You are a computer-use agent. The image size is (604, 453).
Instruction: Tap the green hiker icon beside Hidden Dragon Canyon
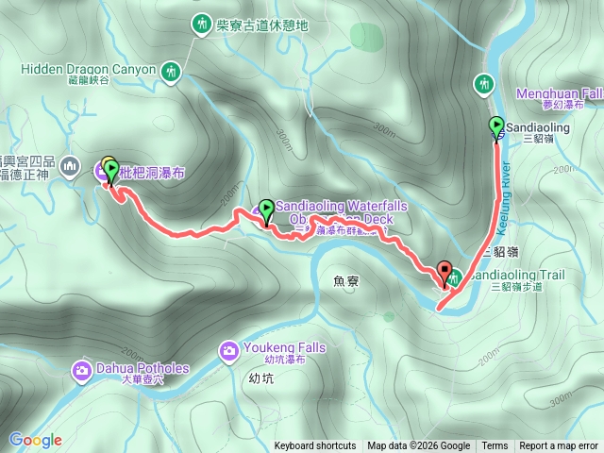pyautogui.click(x=171, y=71)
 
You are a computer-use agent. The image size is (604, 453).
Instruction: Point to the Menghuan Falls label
pyautogui.click(x=560, y=93)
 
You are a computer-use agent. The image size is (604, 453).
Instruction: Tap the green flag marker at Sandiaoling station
pyautogui.click(x=496, y=126)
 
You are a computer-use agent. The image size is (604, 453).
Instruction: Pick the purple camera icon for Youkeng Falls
pyautogui.click(x=228, y=352)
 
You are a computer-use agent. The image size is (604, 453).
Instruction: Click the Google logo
pyautogui.click(x=35, y=440)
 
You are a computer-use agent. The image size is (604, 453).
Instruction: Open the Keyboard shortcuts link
pyautogui.click(x=315, y=446)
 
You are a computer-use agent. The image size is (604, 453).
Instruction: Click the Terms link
pyautogui.click(x=495, y=446)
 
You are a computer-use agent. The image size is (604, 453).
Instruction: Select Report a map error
pyautogui.click(x=559, y=446)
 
